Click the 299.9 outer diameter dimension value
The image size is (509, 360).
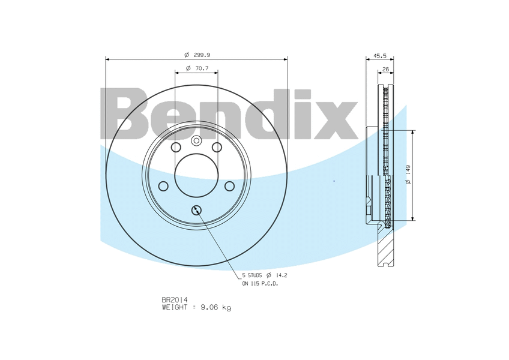coord(202,55)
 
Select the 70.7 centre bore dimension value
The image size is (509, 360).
coord(202,68)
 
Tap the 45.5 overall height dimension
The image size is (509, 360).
coord(380,56)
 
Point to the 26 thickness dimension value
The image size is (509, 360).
coord(385,69)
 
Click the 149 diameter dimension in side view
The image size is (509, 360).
coord(408,170)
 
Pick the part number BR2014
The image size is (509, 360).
coord(175,299)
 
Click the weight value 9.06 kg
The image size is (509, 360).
coord(216,307)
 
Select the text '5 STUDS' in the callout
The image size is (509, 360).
coord(252,275)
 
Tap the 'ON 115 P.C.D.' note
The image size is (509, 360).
coord(261,284)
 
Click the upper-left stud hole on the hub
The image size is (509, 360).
coord(176,148)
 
